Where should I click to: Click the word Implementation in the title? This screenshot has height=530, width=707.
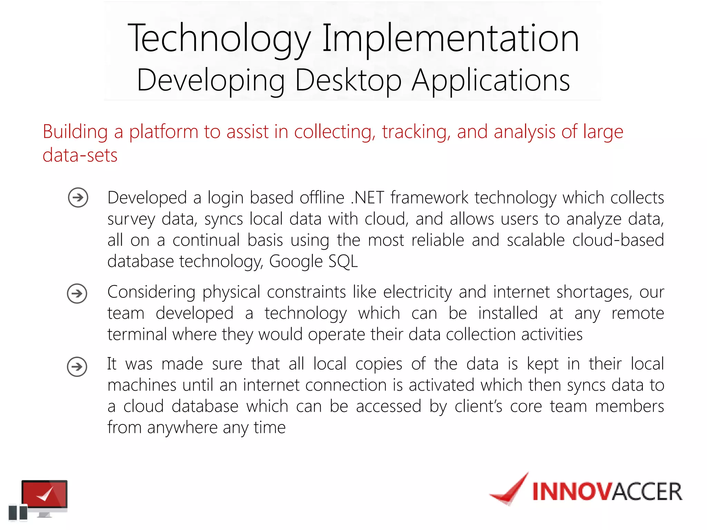pos(451,39)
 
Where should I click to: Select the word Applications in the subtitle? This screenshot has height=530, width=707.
pos(491,80)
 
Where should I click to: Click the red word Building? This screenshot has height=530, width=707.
pos(75,132)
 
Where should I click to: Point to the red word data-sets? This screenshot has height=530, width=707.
pos(80,155)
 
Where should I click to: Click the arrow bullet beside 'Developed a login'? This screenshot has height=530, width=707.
pos(78,197)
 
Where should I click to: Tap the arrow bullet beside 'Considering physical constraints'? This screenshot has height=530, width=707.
pos(77,294)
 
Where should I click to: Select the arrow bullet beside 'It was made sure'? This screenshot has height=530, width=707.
pos(77,366)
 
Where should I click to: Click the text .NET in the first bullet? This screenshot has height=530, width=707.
pos(367,198)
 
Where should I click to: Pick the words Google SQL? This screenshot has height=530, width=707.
pos(313,261)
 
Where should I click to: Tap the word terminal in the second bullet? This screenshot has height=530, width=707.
pos(137,334)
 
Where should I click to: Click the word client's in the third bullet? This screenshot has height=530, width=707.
pos(478,406)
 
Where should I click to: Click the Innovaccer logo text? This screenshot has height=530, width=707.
pos(607,491)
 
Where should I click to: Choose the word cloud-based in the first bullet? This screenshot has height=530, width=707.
pos(618,240)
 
